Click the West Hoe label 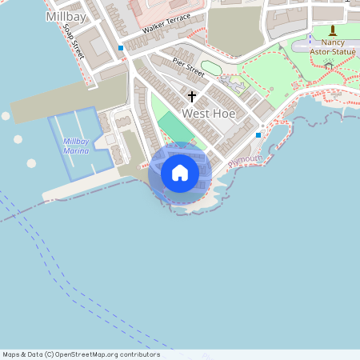click(x=207, y=114)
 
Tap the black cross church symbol click(x=191, y=97)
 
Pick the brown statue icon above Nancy click(x=332, y=30)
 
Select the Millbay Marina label click(x=76, y=146)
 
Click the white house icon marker click(x=180, y=173)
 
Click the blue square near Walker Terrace click(x=121, y=48)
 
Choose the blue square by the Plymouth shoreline click(x=258, y=135)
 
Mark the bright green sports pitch click(x=174, y=127)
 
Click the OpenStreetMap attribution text click(x=81, y=354)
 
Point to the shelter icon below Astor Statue click(x=329, y=66)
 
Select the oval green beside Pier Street click(x=210, y=67)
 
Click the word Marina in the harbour click(x=76, y=150)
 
